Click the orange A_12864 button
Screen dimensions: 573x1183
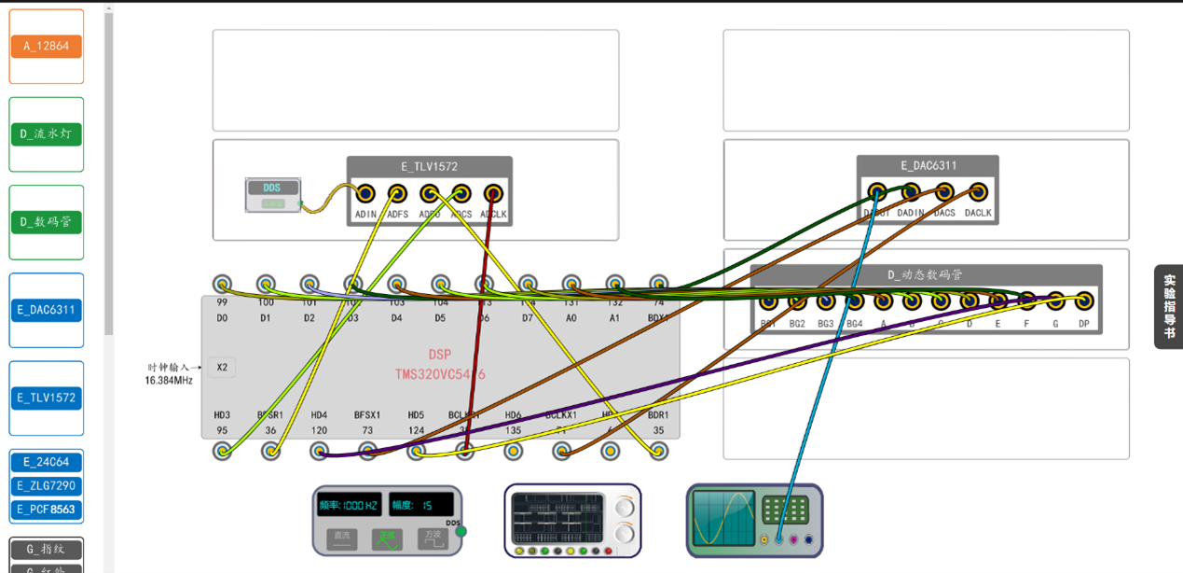pos(47,46)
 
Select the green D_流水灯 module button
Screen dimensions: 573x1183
pos(47,134)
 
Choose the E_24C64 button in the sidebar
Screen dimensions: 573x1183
pos(47,462)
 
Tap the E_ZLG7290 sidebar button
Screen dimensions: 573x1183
pos(47,486)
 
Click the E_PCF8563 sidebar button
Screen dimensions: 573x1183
pos(47,510)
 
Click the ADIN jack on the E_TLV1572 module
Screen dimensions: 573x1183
pos(365,193)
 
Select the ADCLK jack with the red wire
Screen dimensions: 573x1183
pos(493,193)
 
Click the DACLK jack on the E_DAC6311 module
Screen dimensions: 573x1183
pos(978,192)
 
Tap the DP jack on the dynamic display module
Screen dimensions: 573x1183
pos(1083,300)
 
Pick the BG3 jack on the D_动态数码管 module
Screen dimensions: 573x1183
pos(826,301)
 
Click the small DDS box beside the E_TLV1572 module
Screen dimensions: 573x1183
pos(272,194)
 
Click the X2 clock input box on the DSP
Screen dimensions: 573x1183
pos(222,368)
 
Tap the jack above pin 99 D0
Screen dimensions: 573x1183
pos(222,284)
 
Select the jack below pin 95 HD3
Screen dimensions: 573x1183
pos(222,452)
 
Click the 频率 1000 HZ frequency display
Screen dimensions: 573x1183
pos(349,505)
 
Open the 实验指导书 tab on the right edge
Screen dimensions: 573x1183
pos(1169,306)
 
